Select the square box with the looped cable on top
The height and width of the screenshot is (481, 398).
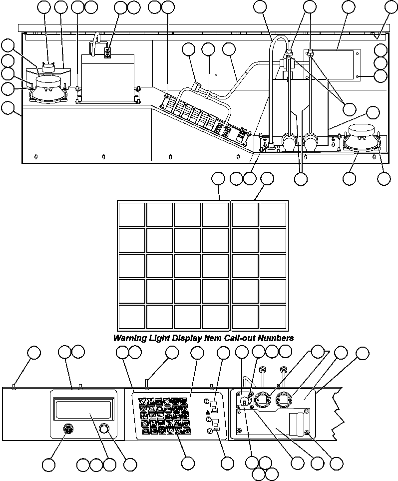(x=107, y=77)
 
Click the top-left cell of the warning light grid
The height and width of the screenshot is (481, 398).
(x=131, y=215)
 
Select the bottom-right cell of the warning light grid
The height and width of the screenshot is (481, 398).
(x=273, y=317)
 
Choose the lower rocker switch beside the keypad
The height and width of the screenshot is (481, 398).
(x=216, y=426)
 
